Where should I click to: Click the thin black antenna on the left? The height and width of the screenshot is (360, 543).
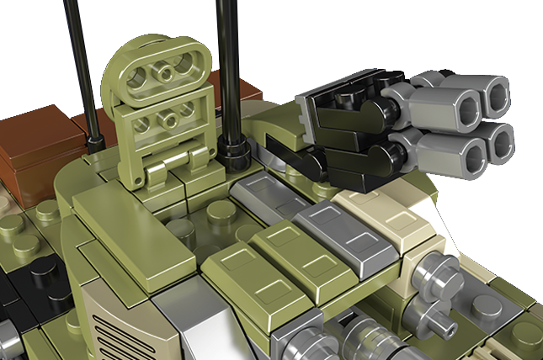pyautogui.click(x=82, y=59)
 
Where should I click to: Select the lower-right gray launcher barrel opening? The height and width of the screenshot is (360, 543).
pyautogui.click(x=501, y=141)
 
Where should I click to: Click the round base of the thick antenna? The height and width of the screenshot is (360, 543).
pyautogui.click(x=233, y=151)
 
